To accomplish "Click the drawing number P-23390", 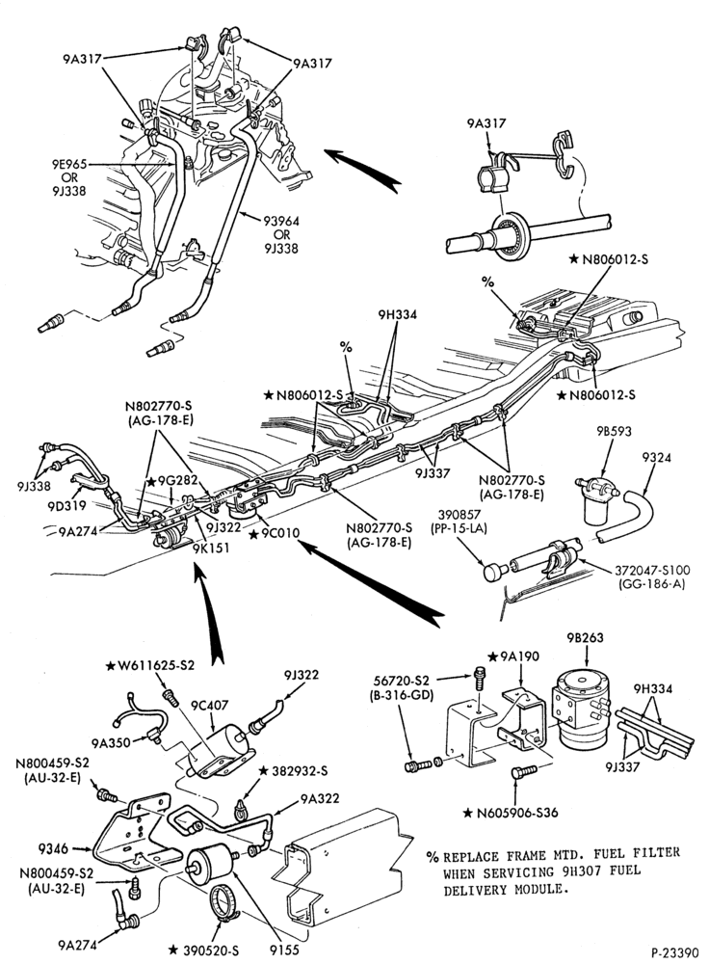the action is click(674, 952).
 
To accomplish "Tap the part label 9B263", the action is click(585, 637).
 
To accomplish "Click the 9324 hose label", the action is click(656, 457).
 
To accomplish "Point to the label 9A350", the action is click(111, 742).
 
